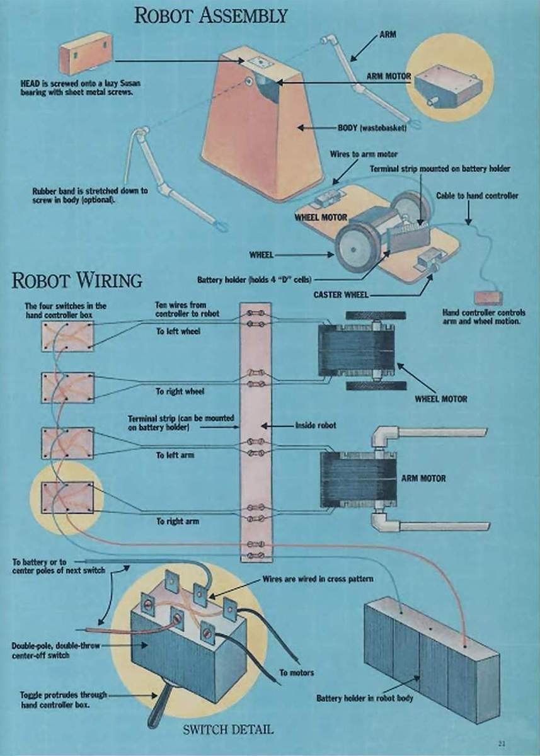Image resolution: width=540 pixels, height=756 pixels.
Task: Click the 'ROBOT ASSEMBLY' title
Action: click(211, 16)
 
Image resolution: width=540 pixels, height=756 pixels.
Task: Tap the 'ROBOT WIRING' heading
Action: click(77, 280)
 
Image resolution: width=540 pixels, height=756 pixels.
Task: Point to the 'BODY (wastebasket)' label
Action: click(372, 128)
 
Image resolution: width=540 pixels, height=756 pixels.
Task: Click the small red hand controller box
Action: click(488, 297)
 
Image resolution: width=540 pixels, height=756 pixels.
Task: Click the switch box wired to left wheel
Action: click(67, 336)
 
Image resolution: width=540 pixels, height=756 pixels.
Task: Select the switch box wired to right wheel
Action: click(67, 387)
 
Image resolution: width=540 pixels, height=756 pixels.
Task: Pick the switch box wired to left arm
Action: click(67, 443)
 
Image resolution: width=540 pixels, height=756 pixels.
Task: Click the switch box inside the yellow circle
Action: click(67, 498)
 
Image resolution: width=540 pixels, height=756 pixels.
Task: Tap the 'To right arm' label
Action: click(178, 522)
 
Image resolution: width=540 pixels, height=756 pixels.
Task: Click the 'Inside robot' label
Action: click(316, 426)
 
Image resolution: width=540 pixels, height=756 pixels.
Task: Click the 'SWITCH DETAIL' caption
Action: click(228, 730)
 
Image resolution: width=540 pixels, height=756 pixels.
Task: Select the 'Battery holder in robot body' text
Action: click(364, 698)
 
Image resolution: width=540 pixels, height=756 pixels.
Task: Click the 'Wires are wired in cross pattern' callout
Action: click(318, 579)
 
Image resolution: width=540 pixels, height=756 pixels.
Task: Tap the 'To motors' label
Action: click(296, 673)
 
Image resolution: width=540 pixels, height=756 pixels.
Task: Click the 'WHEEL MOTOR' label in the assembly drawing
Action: click(321, 217)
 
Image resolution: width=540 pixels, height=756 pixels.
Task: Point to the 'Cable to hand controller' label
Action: click(477, 196)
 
